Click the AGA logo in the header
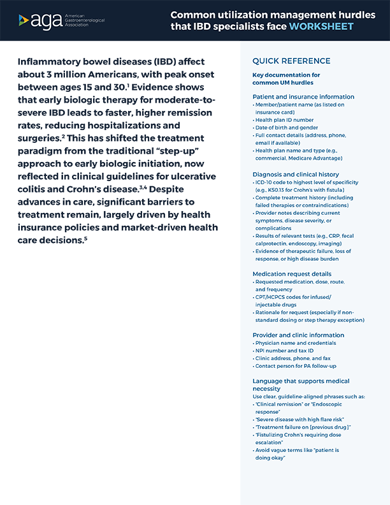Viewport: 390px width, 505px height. point(61,20)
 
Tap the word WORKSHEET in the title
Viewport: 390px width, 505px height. point(322,27)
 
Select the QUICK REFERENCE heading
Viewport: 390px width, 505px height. point(291,61)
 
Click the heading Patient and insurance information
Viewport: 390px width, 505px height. point(303,97)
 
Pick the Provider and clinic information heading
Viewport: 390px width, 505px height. point(298,335)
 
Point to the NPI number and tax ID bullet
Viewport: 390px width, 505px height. point(284,351)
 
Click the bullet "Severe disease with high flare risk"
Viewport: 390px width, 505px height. point(296,419)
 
